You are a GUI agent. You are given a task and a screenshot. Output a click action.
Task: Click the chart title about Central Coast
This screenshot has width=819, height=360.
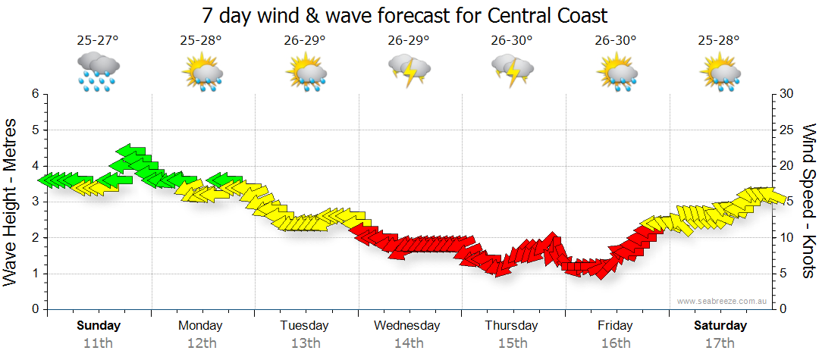(405, 15)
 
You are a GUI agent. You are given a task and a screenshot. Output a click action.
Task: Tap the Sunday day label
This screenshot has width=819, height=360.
(98, 326)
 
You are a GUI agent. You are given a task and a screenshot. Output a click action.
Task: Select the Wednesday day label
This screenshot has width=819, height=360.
(407, 326)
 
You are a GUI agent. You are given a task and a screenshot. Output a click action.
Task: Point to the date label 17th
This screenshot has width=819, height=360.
(720, 343)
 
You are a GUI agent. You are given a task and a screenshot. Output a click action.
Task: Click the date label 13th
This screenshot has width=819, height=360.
(305, 343)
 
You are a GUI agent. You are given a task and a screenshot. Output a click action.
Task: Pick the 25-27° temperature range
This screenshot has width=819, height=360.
(98, 41)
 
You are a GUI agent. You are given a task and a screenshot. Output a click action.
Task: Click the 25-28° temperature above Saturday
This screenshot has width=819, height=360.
(720, 41)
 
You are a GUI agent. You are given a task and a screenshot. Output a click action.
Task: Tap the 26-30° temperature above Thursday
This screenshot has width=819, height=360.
(512, 41)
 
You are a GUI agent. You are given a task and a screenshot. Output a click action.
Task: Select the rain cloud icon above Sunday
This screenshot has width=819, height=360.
(98, 71)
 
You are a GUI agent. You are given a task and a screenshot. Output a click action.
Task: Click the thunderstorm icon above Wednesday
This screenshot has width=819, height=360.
(409, 71)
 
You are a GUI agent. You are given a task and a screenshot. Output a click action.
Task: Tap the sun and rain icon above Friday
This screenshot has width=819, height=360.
(616, 71)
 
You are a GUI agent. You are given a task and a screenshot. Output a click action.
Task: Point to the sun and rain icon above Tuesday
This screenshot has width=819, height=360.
(305, 71)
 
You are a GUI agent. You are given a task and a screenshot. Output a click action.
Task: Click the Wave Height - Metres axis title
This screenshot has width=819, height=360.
(11, 202)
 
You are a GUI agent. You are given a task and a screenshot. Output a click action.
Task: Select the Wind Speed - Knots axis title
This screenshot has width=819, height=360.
(808, 202)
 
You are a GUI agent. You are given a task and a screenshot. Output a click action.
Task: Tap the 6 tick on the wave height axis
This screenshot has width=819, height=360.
(34, 94)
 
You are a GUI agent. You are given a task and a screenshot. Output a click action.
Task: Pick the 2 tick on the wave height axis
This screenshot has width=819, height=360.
(34, 237)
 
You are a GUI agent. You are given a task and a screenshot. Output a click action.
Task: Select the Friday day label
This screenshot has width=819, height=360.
(615, 326)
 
